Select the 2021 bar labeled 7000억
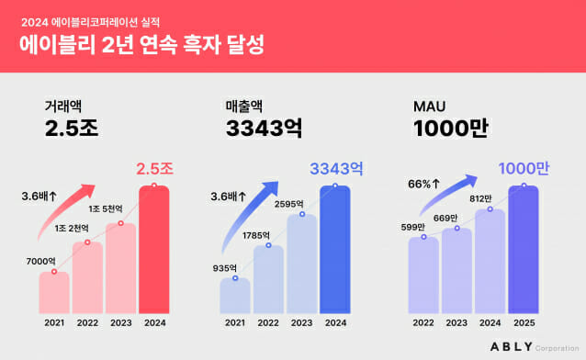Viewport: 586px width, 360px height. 54,292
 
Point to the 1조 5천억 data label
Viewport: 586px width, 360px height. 117,209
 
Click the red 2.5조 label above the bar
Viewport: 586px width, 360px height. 154,169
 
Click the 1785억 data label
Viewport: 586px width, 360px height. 267,234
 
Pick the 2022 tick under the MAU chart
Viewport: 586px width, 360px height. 423,321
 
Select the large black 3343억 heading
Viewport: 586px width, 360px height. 267,129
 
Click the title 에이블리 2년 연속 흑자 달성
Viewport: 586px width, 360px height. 142,44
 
